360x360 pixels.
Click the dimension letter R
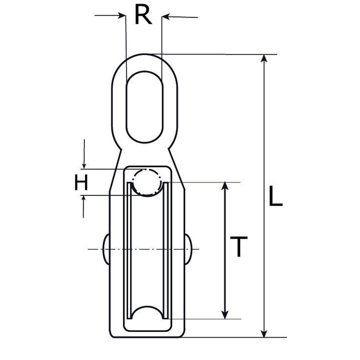(x=143, y=15)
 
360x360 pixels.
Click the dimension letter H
(x=81, y=183)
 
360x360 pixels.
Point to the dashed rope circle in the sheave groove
(x=147, y=183)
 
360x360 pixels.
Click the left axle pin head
(x=105, y=249)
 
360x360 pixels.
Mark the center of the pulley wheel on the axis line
(x=147, y=250)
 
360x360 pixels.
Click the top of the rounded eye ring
(x=143, y=56)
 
